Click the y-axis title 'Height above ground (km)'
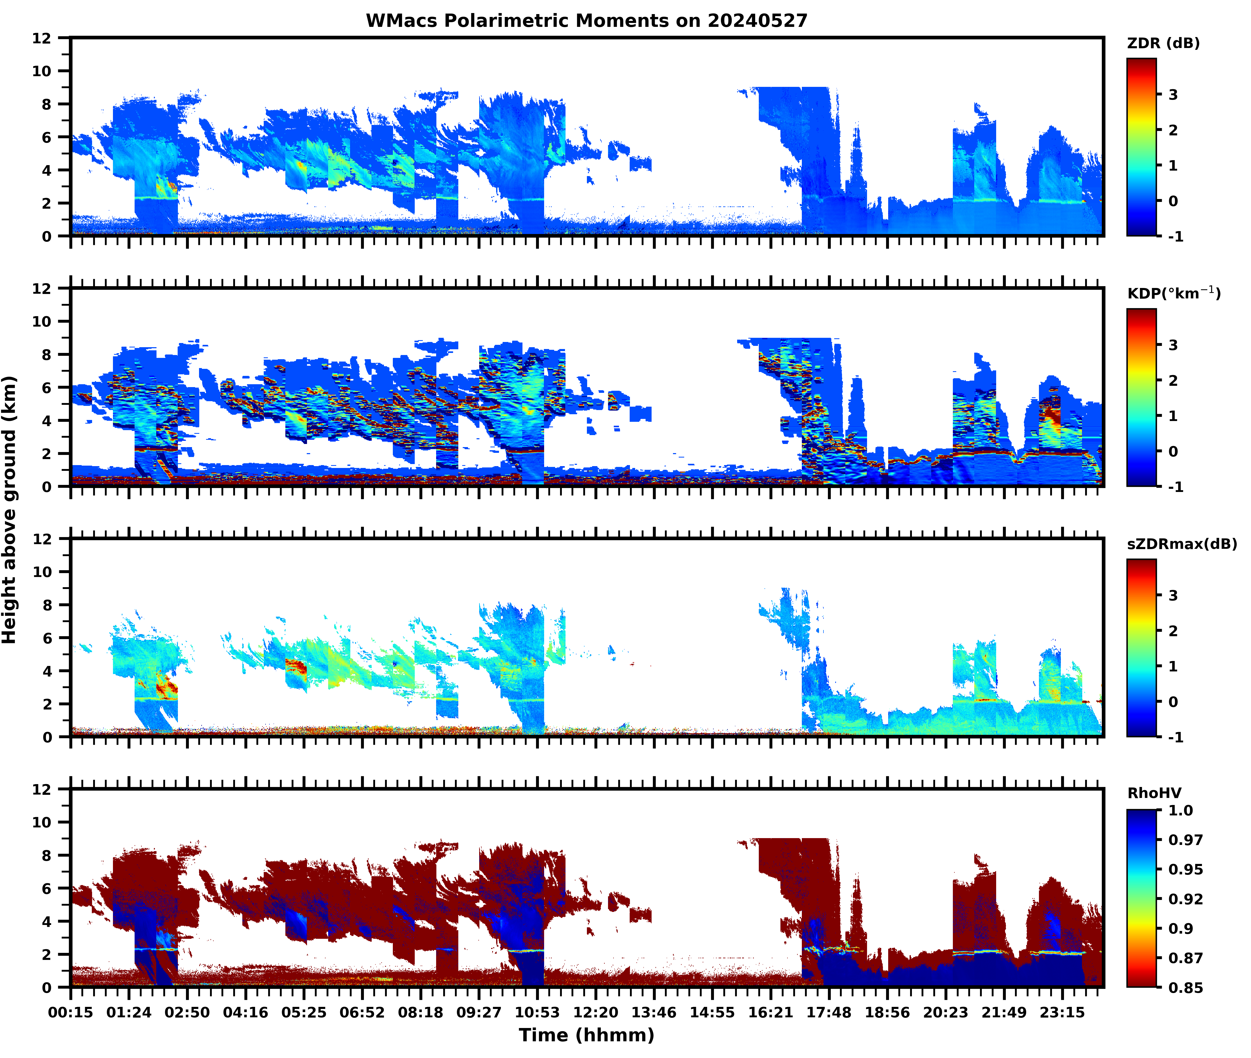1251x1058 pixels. click(x=10, y=510)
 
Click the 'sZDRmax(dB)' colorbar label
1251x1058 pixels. click(x=1181, y=544)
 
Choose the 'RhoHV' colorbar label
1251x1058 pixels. click(x=1154, y=793)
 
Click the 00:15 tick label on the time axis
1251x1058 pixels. click(x=71, y=1012)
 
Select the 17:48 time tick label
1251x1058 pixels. click(x=829, y=1012)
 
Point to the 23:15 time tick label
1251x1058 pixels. click(x=1062, y=1012)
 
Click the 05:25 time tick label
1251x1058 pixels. click(x=304, y=1012)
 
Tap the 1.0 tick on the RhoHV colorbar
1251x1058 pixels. click(x=1180, y=810)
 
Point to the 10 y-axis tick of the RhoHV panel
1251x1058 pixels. click(x=42, y=822)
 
